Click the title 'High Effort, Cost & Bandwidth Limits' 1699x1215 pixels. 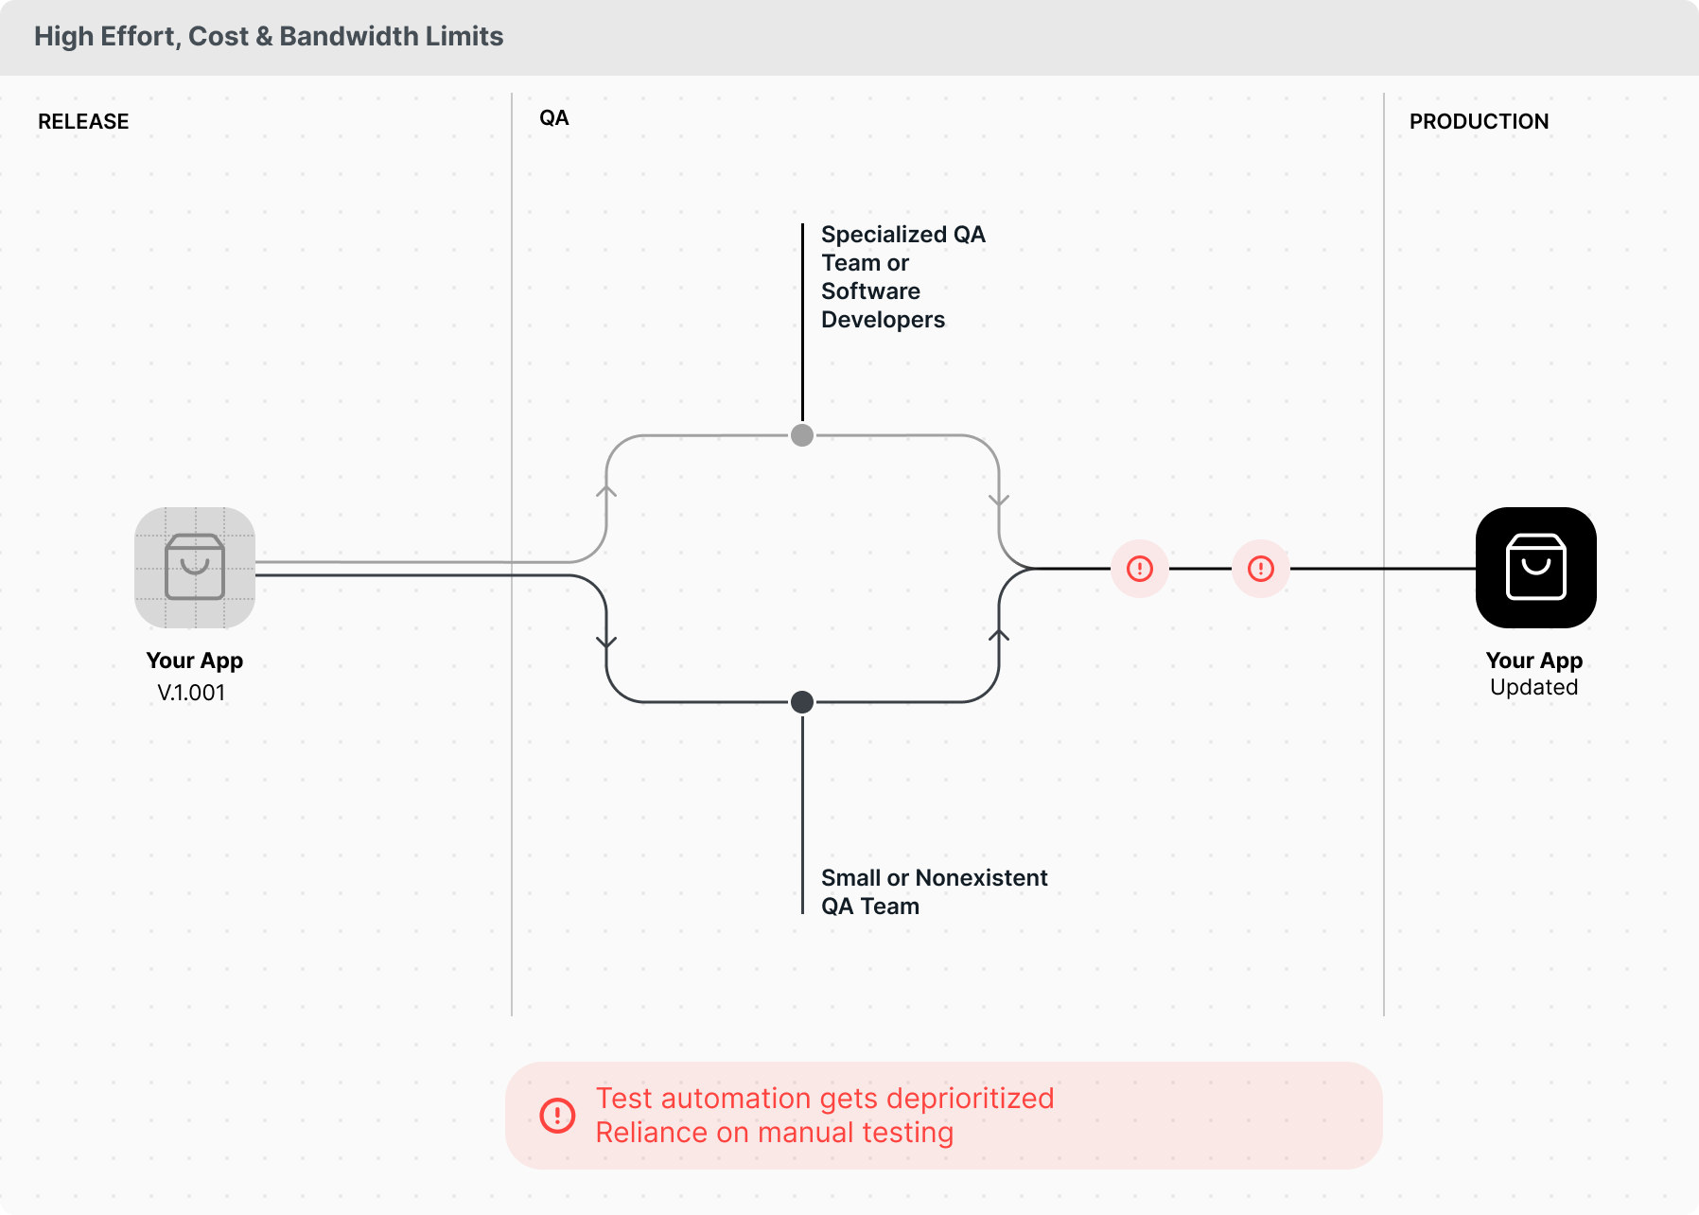pyautogui.click(x=269, y=37)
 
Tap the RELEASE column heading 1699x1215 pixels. pyautogui.click(x=83, y=122)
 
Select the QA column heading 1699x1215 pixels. pyautogui.click(x=554, y=118)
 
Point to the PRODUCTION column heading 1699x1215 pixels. pyautogui.click(x=1479, y=122)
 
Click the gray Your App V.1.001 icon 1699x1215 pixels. pyautogui.click(x=195, y=568)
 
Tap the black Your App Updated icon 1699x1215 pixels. pyautogui.click(x=1535, y=568)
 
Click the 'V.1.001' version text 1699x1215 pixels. pyautogui.click(x=191, y=693)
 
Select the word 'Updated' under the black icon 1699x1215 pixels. pyautogui.click(x=1533, y=688)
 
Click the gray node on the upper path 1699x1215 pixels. pyautogui.click(x=802, y=435)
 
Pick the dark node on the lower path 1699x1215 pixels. pyautogui.click(x=802, y=702)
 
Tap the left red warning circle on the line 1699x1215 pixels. pyautogui.click(x=1140, y=569)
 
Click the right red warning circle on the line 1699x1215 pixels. pyautogui.click(x=1261, y=569)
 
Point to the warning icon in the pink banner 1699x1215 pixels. pyautogui.click(x=557, y=1116)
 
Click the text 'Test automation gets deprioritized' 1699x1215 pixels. pyautogui.click(x=825, y=1099)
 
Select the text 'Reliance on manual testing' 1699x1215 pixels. pyautogui.click(x=774, y=1133)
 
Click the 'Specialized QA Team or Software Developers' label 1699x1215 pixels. pyautogui.click(x=902, y=277)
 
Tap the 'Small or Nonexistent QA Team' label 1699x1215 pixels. pyautogui.click(x=934, y=891)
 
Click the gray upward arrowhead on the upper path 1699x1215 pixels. pyautogui.click(x=606, y=490)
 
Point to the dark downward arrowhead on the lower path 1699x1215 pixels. pyautogui.click(x=606, y=643)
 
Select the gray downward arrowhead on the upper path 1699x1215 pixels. pyautogui.click(x=999, y=500)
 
